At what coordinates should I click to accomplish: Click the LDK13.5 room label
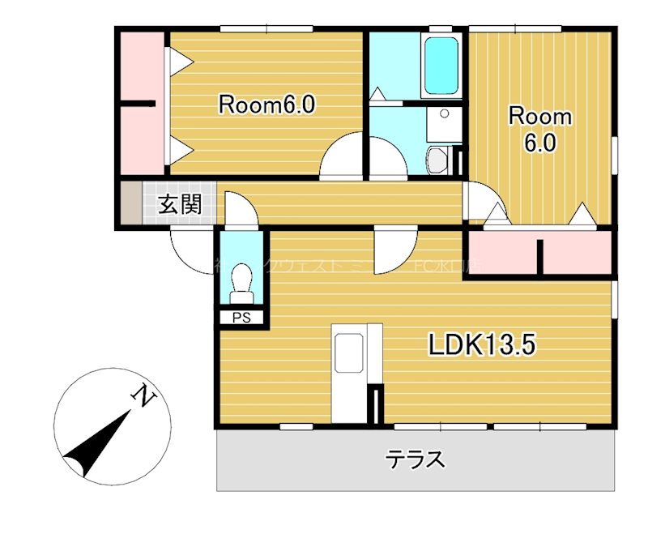tap(482, 346)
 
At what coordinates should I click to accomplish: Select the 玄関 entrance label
tap(179, 204)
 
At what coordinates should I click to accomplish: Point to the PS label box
tap(241, 318)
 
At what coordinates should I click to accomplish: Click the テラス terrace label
tap(415, 459)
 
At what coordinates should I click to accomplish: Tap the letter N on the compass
tap(143, 396)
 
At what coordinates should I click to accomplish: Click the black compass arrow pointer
tap(97, 444)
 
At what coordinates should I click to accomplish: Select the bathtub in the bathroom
tap(442, 66)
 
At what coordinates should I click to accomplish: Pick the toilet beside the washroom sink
tap(437, 160)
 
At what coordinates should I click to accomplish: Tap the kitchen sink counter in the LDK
tap(349, 355)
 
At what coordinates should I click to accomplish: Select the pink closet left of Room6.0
tap(142, 103)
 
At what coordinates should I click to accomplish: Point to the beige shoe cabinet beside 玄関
tap(131, 204)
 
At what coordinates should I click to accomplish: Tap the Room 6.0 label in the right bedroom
tap(539, 130)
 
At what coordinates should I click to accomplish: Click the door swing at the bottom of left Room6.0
tap(342, 158)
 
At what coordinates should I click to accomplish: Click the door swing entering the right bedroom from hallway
tap(482, 203)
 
